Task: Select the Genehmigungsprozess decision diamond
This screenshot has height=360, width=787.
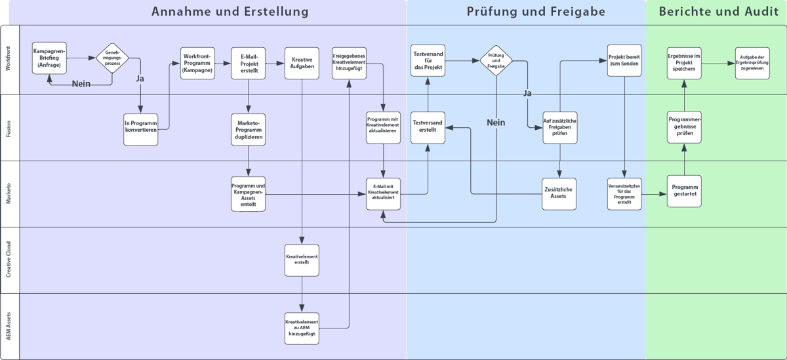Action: pos(112,58)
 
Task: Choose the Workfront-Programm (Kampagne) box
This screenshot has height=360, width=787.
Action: pos(197,63)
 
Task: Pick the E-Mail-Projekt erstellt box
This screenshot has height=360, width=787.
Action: pos(249,63)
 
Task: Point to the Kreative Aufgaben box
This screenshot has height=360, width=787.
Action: pos(302,63)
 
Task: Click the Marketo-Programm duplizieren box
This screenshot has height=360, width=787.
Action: pos(249,129)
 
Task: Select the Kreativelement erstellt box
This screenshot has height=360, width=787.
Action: pos(302,260)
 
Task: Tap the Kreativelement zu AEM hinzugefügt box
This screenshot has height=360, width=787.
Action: pos(302,328)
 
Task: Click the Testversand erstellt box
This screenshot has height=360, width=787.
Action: pos(428,127)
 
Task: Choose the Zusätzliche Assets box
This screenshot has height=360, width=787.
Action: pos(559,193)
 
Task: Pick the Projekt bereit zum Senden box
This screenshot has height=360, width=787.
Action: pos(624,61)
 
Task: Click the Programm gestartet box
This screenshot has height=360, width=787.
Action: pos(685,191)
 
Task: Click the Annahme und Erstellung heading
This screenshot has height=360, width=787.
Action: pos(230,11)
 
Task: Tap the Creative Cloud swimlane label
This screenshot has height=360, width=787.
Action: pos(9,260)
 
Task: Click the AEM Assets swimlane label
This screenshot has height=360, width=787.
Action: pos(9,327)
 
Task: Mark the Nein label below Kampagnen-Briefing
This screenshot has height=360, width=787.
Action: pos(81,83)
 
